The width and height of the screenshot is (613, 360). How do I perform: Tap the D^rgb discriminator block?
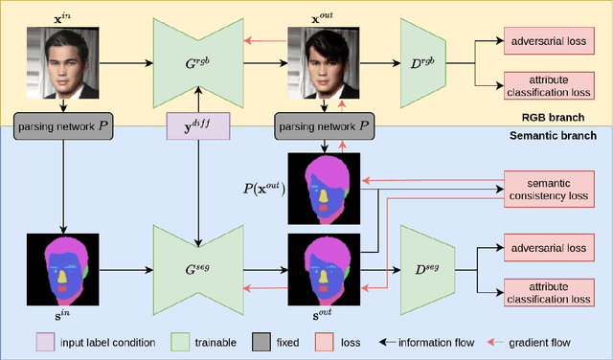(x=422, y=65)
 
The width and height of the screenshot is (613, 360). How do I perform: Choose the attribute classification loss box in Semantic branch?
(x=545, y=291)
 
